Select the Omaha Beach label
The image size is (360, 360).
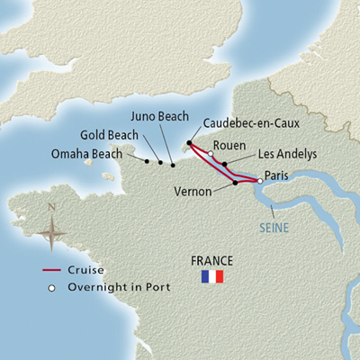pyautogui.click(x=88, y=154)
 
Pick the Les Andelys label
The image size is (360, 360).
pyautogui.click(x=287, y=154)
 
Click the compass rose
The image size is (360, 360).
pyautogui.click(x=52, y=231)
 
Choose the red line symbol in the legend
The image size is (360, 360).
pyautogui.click(x=54, y=270)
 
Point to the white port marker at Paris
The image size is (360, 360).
pyautogui.click(x=259, y=181)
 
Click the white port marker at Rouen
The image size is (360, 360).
pyautogui.click(x=210, y=153)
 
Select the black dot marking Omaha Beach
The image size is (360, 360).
pyautogui.click(x=146, y=161)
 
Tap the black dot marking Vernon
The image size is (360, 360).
pyautogui.click(x=235, y=183)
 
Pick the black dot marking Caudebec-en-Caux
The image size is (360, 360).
pyautogui.click(x=189, y=143)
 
